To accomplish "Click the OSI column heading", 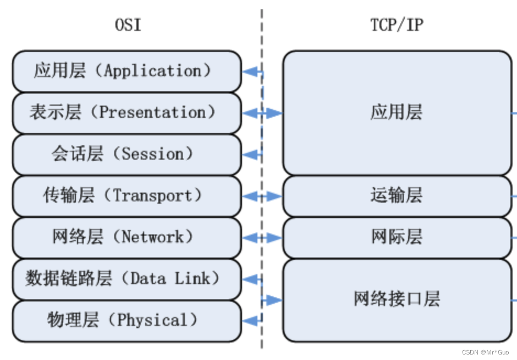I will click(x=128, y=25).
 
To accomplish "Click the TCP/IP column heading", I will click(x=397, y=25).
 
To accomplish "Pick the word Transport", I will click(x=152, y=195).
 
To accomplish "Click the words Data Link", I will click(x=170, y=279).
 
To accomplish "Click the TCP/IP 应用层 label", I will click(x=397, y=112).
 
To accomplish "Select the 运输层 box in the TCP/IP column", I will click(x=397, y=195).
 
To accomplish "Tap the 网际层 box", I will click(x=397, y=237).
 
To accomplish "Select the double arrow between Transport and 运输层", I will click(x=262, y=196).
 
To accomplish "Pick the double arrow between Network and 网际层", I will click(x=262, y=238).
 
